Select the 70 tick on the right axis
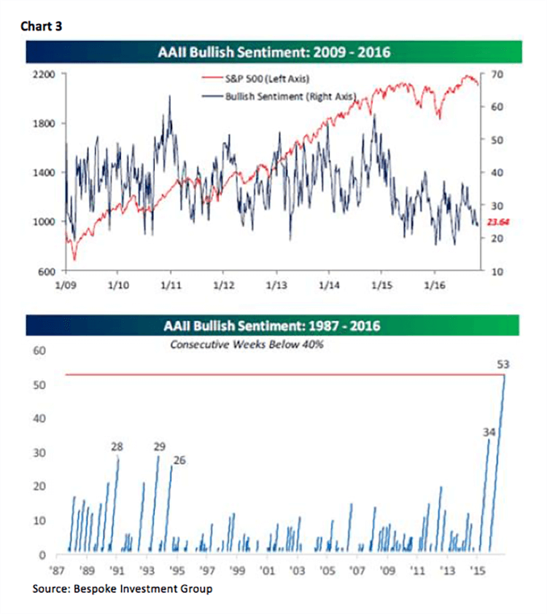490,74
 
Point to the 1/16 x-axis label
435,286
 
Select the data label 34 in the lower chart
489,432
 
